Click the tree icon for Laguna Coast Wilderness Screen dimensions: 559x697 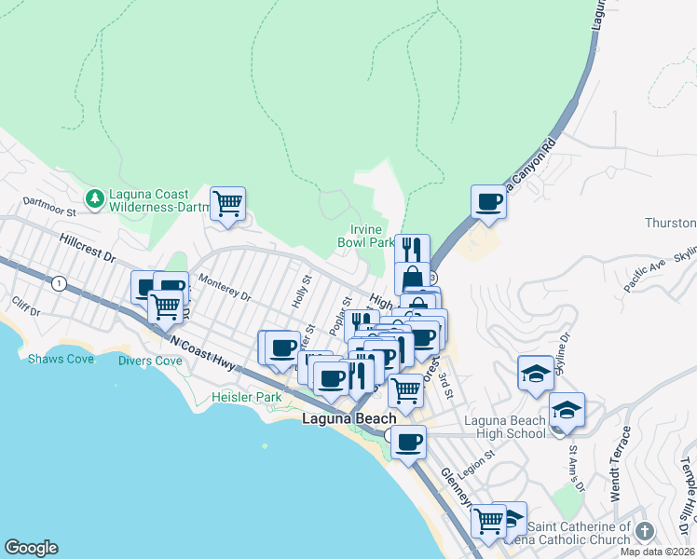coord(94,198)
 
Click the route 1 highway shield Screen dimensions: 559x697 coord(60,283)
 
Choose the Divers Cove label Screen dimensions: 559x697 coord(150,361)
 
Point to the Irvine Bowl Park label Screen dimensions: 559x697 coord(366,235)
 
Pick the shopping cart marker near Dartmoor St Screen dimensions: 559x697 coord(227,202)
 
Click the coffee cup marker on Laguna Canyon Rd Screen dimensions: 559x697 coord(487,200)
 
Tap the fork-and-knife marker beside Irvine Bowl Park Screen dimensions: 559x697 coord(411,249)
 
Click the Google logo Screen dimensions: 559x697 coord(31,548)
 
